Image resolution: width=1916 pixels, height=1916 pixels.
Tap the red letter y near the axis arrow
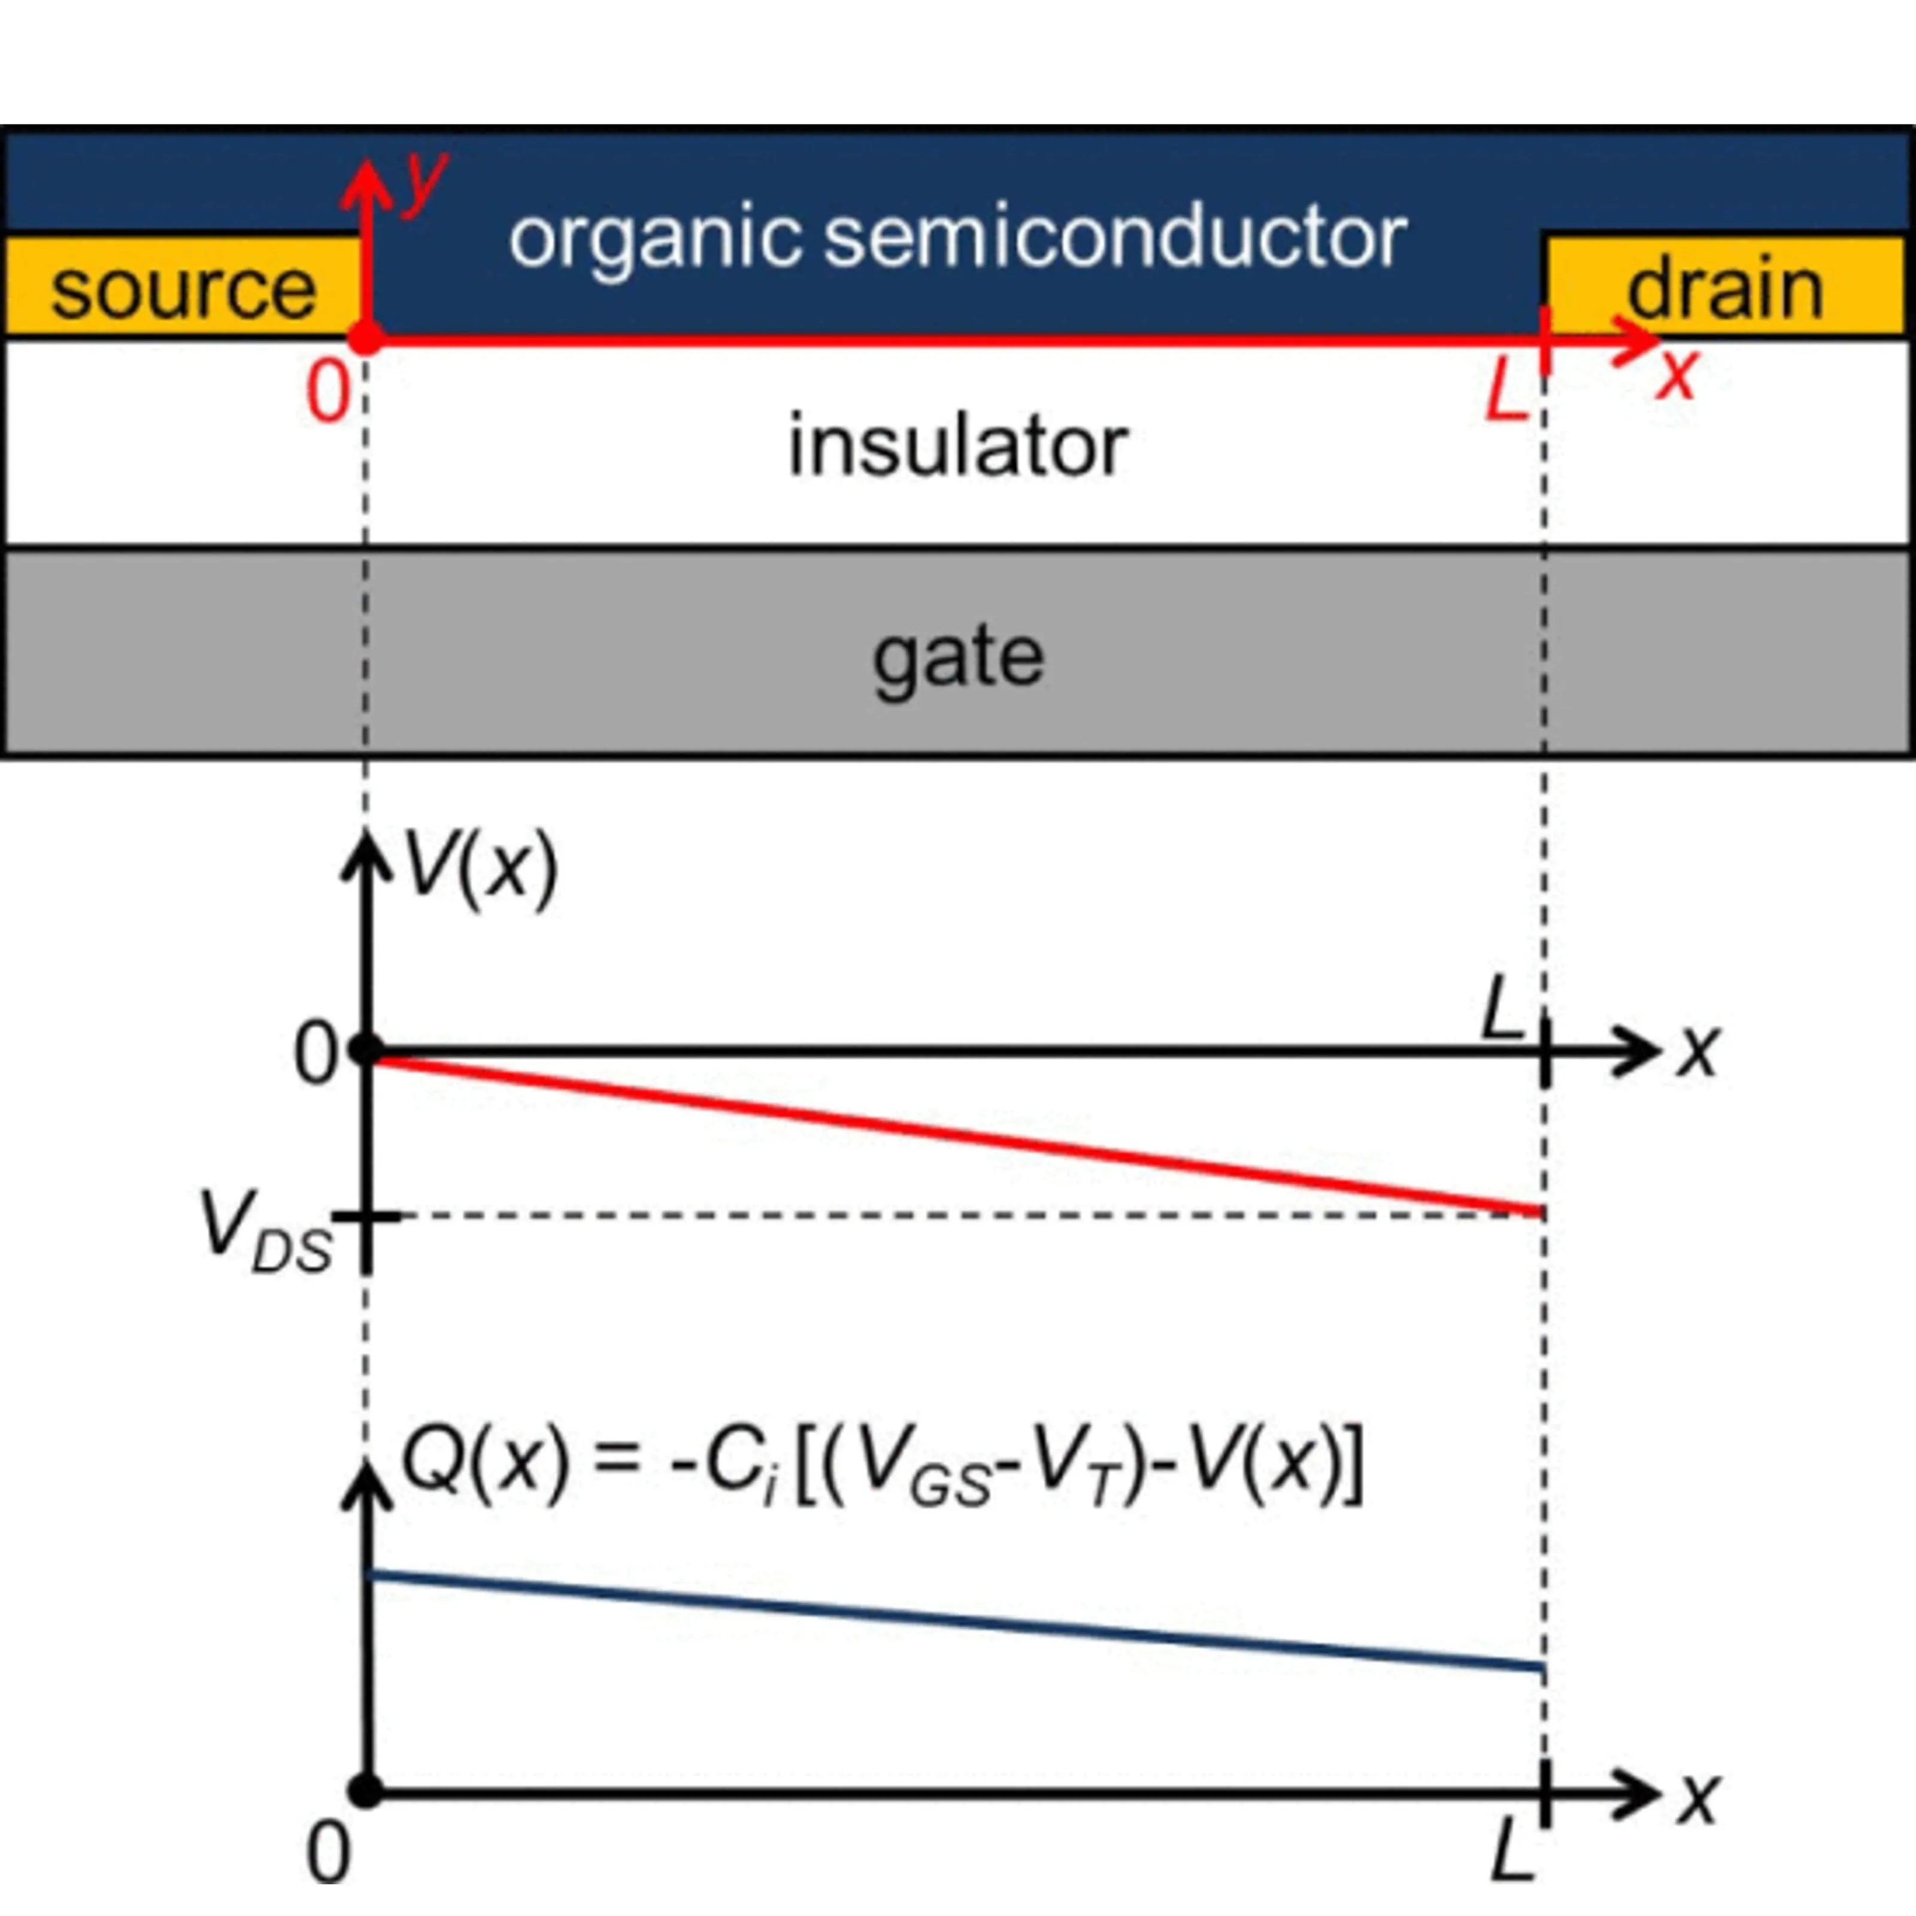tap(425, 181)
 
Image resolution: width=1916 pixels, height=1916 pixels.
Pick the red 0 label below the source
tap(328, 393)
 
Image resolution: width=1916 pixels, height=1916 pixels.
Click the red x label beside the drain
tap(1676, 375)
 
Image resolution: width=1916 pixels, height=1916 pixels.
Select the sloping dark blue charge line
tap(952, 1620)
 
